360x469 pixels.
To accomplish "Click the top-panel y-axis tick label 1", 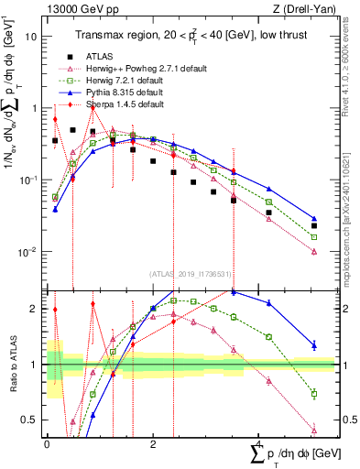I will [x=35, y=108].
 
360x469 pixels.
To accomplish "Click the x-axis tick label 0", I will [x=47, y=443].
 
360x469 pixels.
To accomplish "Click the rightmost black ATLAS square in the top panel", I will [x=314, y=225].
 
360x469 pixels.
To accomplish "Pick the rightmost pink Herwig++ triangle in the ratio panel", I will [x=314, y=430].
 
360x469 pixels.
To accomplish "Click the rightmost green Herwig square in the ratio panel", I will [x=314, y=394].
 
